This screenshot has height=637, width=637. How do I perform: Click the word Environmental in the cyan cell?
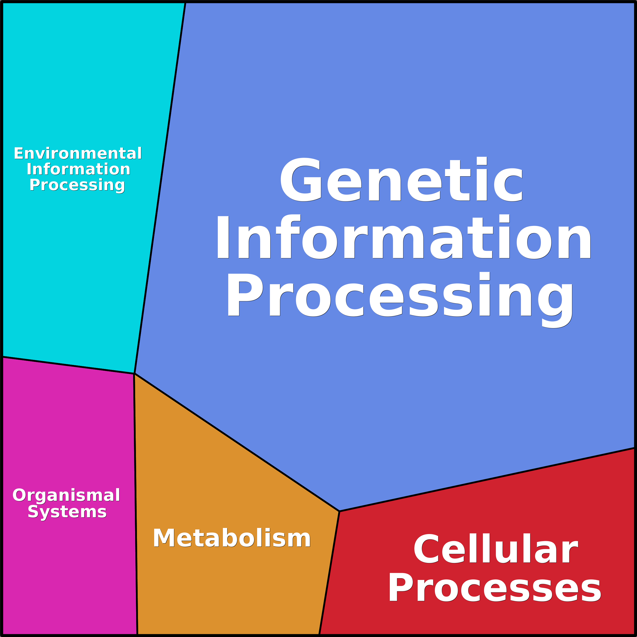tap(78, 154)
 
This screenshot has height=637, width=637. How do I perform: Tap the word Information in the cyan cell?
tap(78, 169)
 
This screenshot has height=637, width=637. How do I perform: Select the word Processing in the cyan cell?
tap(77, 185)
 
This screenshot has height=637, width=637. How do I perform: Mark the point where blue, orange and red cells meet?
tap(339, 511)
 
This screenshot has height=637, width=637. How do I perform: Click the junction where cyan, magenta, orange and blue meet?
tap(134, 374)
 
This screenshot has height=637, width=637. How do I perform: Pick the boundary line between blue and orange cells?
tap(237, 443)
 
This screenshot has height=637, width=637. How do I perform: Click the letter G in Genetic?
tap(300, 180)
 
